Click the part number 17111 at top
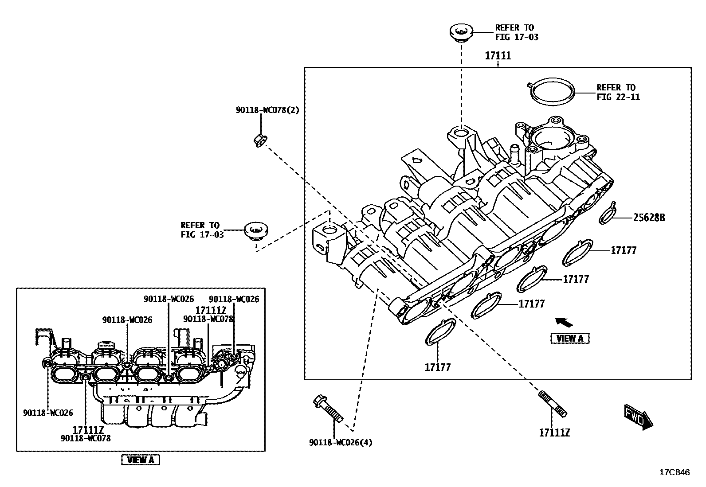(x=498, y=56)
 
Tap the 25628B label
(x=649, y=218)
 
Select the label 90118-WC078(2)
(x=267, y=110)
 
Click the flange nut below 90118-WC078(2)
(x=260, y=140)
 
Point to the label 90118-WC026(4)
(x=341, y=442)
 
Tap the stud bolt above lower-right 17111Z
(x=552, y=403)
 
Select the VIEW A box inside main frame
(x=570, y=339)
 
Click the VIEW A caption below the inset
(x=140, y=460)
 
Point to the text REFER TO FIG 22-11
(x=618, y=92)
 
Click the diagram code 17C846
(x=674, y=473)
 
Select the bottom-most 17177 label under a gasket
(x=437, y=367)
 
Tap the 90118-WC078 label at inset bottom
(x=85, y=438)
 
